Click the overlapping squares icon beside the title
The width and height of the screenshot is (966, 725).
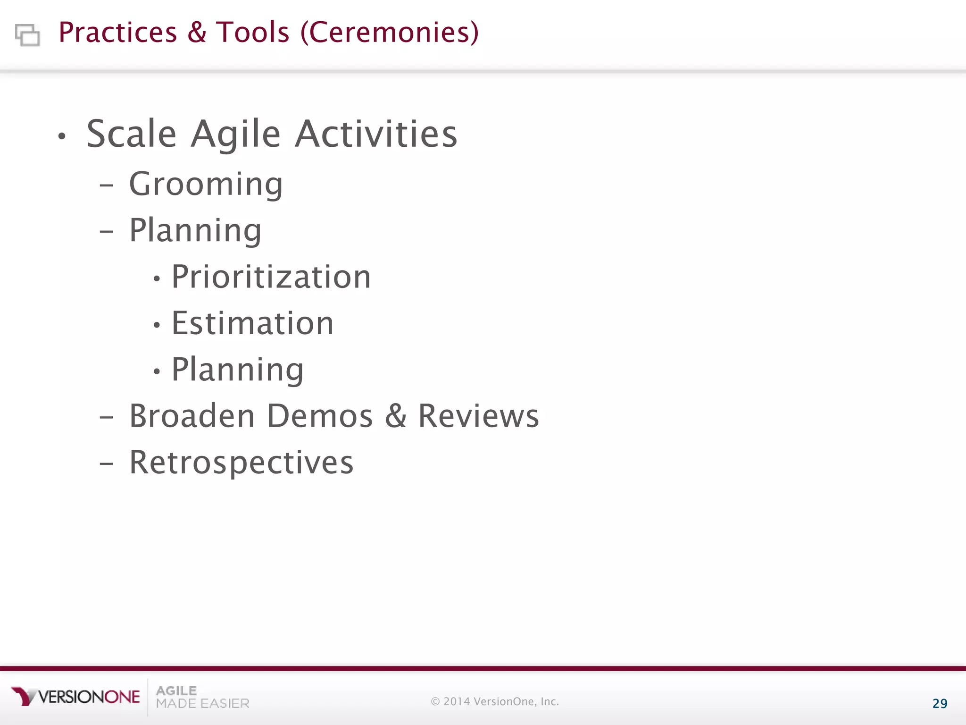pos(27,35)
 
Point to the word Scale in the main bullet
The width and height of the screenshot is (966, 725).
pos(132,134)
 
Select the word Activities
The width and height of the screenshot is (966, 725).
pos(376,134)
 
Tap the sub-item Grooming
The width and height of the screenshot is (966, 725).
pos(206,184)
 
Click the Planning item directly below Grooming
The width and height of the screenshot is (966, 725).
pos(195,231)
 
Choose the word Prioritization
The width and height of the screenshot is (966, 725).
pos(271,277)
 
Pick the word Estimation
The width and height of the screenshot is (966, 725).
pos(252,323)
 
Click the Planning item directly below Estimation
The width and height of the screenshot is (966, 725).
pos(237,370)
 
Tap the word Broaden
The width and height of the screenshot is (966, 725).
pos(192,416)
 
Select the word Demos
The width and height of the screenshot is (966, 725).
pos(320,416)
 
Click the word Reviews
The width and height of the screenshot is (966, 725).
pos(478,416)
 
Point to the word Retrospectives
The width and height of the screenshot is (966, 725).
pos(241,463)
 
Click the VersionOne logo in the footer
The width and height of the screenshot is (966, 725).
pos(75,697)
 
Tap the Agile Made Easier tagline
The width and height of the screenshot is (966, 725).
pos(202,697)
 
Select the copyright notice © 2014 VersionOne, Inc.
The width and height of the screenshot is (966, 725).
pos(495,701)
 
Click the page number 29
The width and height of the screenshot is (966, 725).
pos(940,704)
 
